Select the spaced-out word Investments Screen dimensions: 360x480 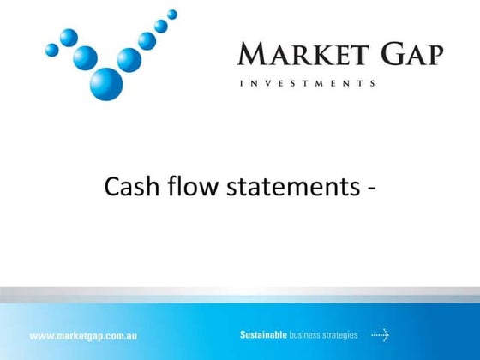point(306,83)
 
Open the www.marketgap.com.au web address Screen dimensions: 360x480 point(84,334)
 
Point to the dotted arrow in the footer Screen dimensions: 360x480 point(380,333)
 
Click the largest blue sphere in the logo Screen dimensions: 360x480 point(106,83)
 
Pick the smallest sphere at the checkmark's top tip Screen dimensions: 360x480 point(172,14)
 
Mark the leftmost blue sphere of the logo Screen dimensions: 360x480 point(52,50)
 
